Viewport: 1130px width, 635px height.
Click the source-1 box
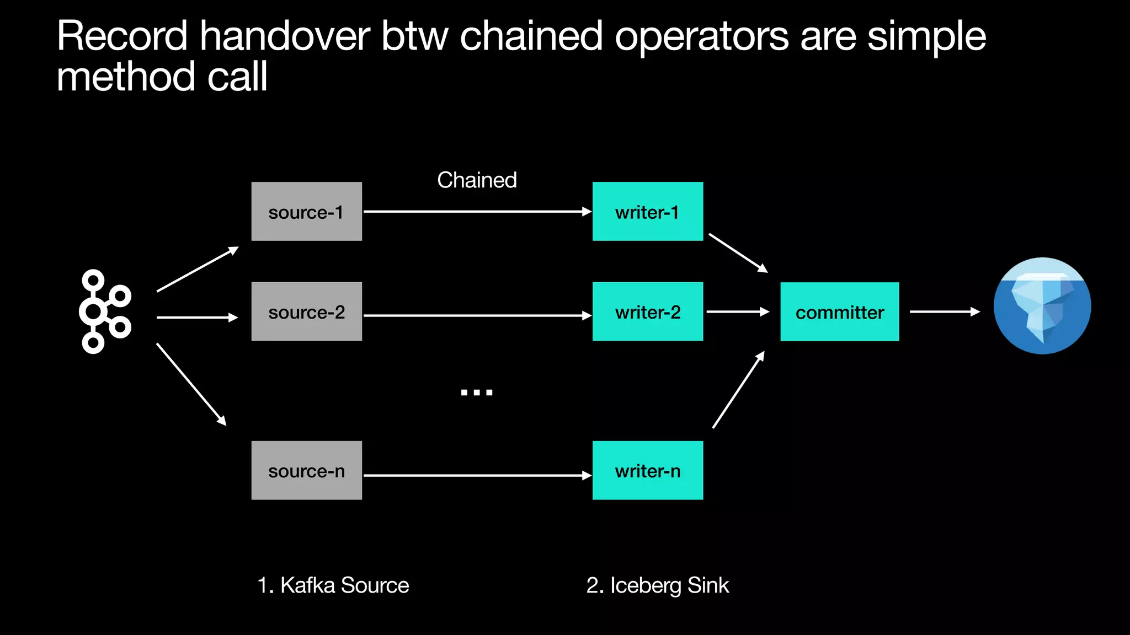tap(306, 212)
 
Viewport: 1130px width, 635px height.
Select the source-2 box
tap(306, 311)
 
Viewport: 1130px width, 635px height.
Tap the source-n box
tap(306, 470)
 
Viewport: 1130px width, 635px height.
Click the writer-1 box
tap(647, 212)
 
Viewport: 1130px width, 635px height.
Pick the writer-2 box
tap(647, 311)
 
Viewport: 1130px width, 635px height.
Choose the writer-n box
tap(647, 470)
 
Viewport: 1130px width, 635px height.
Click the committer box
tap(839, 312)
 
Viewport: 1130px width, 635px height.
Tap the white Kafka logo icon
tap(105, 311)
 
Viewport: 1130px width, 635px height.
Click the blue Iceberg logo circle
tap(1042, 306)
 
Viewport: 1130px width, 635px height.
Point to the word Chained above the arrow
tap(477, 180)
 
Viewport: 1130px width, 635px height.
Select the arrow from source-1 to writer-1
tap(477, 211)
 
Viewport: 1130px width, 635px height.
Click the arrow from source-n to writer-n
tap(477, 475)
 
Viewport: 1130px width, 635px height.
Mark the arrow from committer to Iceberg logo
tap(944, 312)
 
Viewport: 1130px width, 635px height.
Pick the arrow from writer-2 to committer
tap(737, 312)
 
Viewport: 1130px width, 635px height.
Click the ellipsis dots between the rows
tap(477, 392)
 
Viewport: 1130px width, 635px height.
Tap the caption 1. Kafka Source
tap(333, 585)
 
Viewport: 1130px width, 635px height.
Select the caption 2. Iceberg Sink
tap(657, 585)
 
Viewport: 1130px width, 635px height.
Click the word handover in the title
tap(285, 36)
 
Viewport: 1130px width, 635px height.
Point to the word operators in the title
tap(702, 36)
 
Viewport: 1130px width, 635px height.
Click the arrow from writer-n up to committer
tap(738, 390)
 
